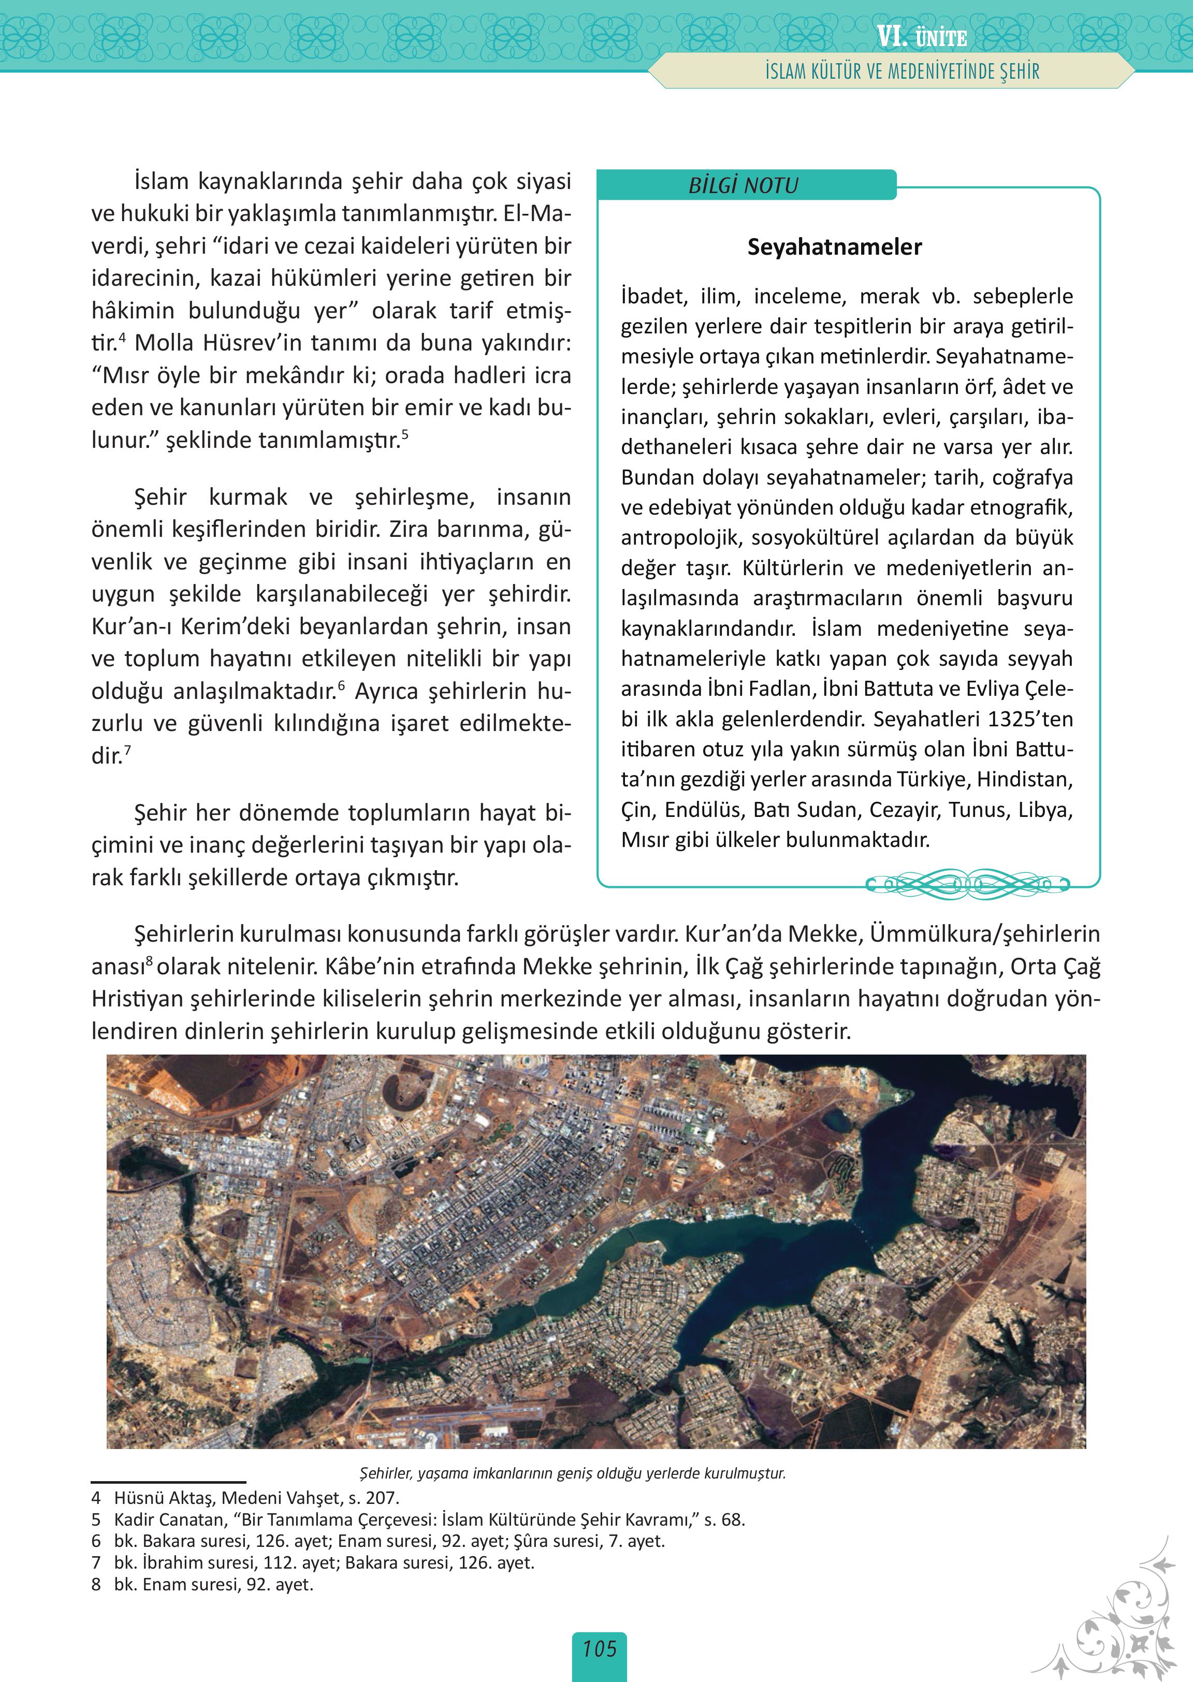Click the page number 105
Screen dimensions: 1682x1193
(600, 1648)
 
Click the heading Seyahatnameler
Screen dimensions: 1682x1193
(835, 247)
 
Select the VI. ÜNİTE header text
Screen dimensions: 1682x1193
(921, 37)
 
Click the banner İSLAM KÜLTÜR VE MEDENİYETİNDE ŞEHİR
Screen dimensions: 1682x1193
(902, 72)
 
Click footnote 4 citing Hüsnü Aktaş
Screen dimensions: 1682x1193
(245, 1498)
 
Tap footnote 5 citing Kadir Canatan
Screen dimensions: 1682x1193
(419, 1519)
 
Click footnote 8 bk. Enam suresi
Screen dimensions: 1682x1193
(203, 1584)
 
